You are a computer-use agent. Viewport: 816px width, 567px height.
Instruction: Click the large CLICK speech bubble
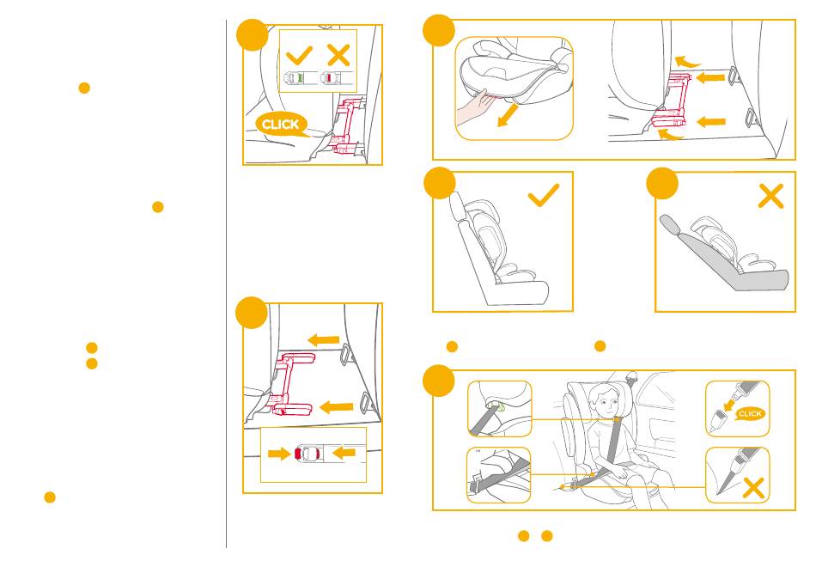(x=282, y=125)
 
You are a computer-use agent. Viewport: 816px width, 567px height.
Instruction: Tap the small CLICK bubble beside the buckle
(x=749, y=413)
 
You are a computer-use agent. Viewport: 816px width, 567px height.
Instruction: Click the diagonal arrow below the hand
(x=508, y=114)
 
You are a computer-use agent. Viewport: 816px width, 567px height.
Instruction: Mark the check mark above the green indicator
(x=299, y=55)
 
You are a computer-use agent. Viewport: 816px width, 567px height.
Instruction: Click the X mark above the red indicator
(x=338, y=55)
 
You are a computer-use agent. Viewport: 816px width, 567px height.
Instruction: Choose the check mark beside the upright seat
(x=544, y=195)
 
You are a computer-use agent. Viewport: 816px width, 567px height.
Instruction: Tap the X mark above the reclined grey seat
(x=770, y=196)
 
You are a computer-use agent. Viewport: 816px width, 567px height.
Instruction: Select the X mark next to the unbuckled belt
(x=753, y=488)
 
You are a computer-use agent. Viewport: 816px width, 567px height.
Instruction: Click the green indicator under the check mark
(x=299, y=78)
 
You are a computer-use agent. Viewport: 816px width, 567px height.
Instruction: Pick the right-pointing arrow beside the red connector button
(x=279, y=454)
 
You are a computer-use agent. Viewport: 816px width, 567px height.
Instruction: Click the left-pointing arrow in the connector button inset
(x=344, y=453)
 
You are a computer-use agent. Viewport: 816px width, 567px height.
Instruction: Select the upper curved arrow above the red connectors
(x=688, y=63)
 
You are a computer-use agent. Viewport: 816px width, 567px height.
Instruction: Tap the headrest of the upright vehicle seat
(x=456, y=204)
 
